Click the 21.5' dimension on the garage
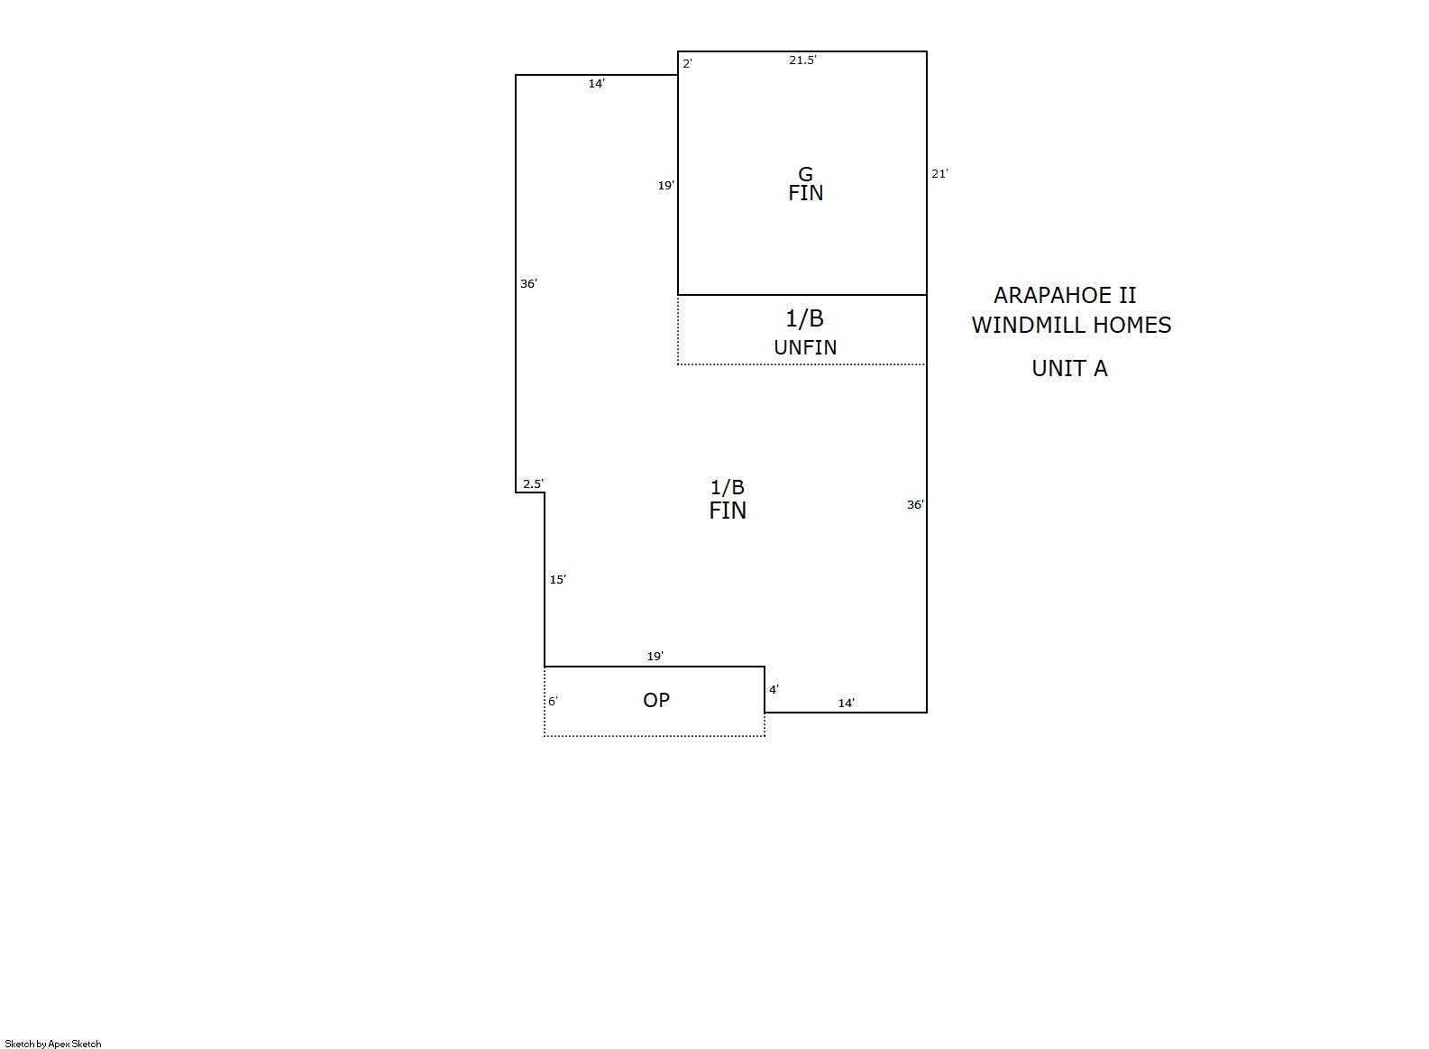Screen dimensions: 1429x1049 (x=802, y=60)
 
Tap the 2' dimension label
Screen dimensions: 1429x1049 (x=688, y=64)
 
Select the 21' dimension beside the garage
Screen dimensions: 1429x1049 (x=939, y=173)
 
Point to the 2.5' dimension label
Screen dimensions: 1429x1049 (x=534, y=483)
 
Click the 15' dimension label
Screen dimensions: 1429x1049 (x=558, y=579)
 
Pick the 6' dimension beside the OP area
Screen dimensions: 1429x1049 (x=553, y=701)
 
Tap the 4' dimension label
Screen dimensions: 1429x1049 (x=774, y=690)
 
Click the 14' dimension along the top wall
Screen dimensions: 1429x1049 (x=597, y=84)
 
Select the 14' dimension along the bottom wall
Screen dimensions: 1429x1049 (x=847, y=704)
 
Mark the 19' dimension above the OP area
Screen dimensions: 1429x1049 (x=655, y=656)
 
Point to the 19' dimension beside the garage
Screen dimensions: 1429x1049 (x=666, y=186)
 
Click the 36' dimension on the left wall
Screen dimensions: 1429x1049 (x=529, y=284)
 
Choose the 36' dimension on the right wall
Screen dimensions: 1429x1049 (x=915, y=505)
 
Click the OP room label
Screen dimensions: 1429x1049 (x=656, y=700)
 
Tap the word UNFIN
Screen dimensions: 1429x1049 (x=805, y=347)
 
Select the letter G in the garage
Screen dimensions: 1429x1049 (x=806, y=174)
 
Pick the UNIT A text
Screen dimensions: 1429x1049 (x=1070, y=368)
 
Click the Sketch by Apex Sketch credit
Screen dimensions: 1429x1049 (x=53, y=1044)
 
